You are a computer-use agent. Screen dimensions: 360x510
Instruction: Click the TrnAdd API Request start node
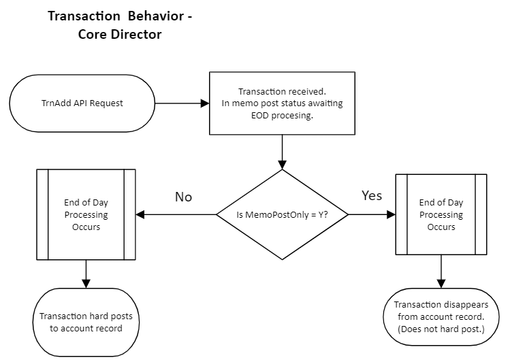[82, 104]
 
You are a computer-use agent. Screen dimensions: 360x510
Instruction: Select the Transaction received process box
[281, 104]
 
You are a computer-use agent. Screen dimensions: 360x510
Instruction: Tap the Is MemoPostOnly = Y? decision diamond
[282, 215]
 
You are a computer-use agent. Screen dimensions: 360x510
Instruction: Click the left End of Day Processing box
[86, 214]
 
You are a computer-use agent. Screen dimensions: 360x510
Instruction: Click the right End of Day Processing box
[441, 214]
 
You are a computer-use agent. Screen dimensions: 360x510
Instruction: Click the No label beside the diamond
[183, 197]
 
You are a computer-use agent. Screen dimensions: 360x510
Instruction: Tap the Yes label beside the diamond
[372, 196]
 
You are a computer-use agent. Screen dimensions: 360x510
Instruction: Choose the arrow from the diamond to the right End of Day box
[372, 214]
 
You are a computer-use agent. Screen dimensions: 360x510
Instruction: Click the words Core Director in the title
[120, 34]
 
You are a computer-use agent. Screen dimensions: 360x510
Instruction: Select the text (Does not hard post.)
[442, 330]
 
